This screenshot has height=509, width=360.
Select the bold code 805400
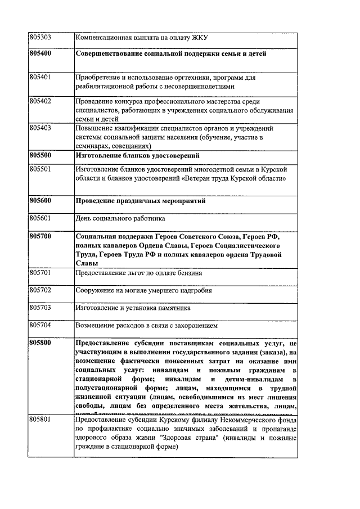pyautogui.click(x=40, y=54)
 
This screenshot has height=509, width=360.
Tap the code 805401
pyautogui.click(x=40, y=77)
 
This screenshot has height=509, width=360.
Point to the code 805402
pyautogui.click(x=40, y=101)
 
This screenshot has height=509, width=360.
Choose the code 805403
pyautogui.click(x=40, y=128)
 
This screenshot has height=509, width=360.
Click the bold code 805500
pyautogui.click(x=40, y=155)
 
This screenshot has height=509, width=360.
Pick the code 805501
pyautogui.click(x=40, y=169)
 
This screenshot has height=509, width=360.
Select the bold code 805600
pyautogui.click(x=40, y=200)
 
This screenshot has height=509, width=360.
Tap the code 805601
pyautogui.click(x=40, y=219)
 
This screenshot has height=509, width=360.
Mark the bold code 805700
pyautogui.click(x=40, y=236)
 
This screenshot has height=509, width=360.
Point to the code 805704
pyautogui.click(x=40, y=326)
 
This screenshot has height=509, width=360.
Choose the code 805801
pyautogui.click(x=40, y=420)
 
